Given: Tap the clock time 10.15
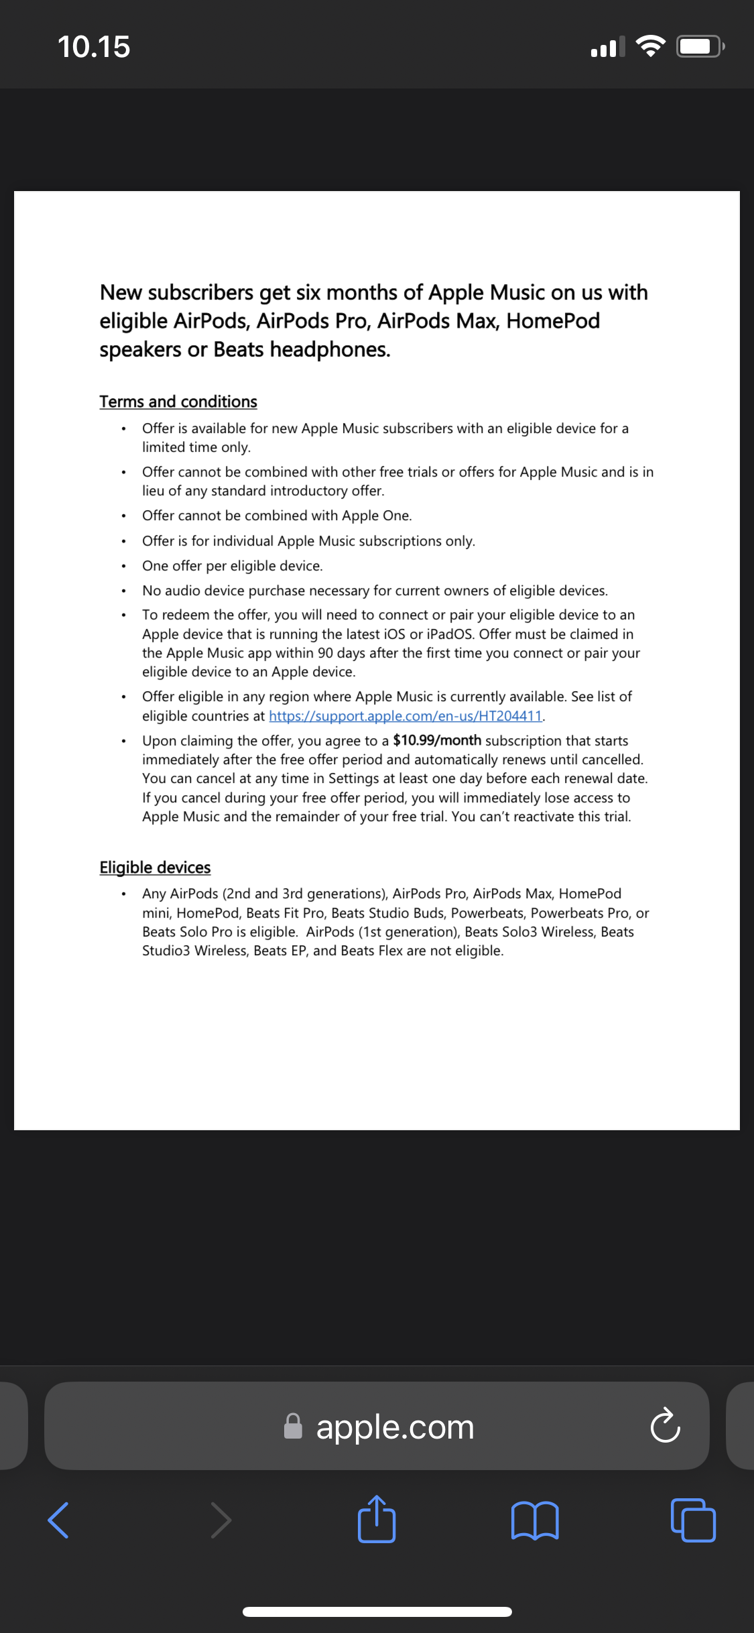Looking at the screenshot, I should click(94, 47).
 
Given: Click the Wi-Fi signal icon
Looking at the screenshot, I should click(650, 46).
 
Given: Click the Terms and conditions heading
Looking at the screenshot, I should click(178, 402).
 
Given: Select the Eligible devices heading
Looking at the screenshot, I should click(155, 867).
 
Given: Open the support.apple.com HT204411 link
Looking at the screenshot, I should click(405, 716).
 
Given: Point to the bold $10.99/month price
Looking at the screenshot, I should click(437, 740).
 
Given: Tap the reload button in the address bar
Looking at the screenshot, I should click(665, 1426).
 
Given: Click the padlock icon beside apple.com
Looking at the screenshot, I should click(293, 1427).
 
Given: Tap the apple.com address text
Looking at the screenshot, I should click(395, 1427).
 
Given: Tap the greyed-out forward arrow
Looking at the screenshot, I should click(221, 1520).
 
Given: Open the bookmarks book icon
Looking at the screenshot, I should click(534, 1520).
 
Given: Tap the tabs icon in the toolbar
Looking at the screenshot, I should click(693, 1520).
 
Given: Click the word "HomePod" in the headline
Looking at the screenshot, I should click(553, 321).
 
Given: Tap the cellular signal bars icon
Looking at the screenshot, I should click(607, 47).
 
